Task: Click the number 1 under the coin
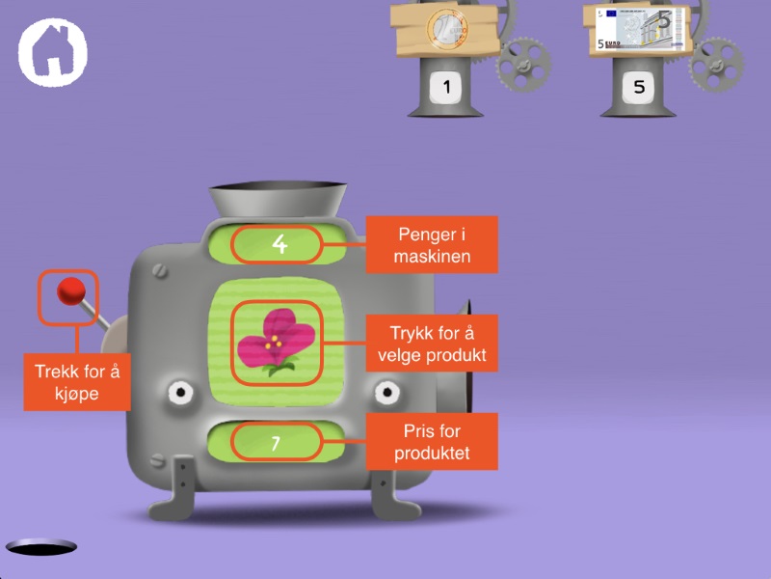point(445,88)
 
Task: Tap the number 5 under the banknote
point(639,88)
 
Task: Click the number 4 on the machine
point(279,244)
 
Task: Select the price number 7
point(276,443)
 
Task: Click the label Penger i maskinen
point(431,244)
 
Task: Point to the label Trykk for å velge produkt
point(431,344)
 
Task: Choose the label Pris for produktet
point(431,442)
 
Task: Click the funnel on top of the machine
point(279,198)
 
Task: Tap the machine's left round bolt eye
point(180,393)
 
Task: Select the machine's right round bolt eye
point(387,393)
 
